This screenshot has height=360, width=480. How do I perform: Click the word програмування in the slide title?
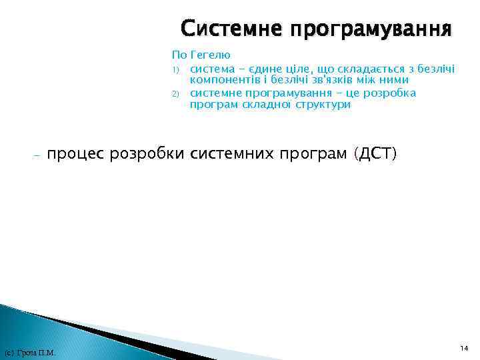pyautogui.click(x=369, y=30)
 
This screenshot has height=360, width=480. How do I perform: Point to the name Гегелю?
pyautogui.click(x=211, y=55)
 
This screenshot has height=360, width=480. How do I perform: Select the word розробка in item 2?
pyautogui.click(x=391, y=93)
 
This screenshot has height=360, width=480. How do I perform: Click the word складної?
pyautogui.click(x=269, y=105)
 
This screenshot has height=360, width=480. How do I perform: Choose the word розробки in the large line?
pyautogui.click(x=148, y=155)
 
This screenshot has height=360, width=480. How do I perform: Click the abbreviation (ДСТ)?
pyautogui.click(x=377, y=155)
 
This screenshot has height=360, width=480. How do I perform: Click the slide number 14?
pyautogui.click(x=463, y=348)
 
